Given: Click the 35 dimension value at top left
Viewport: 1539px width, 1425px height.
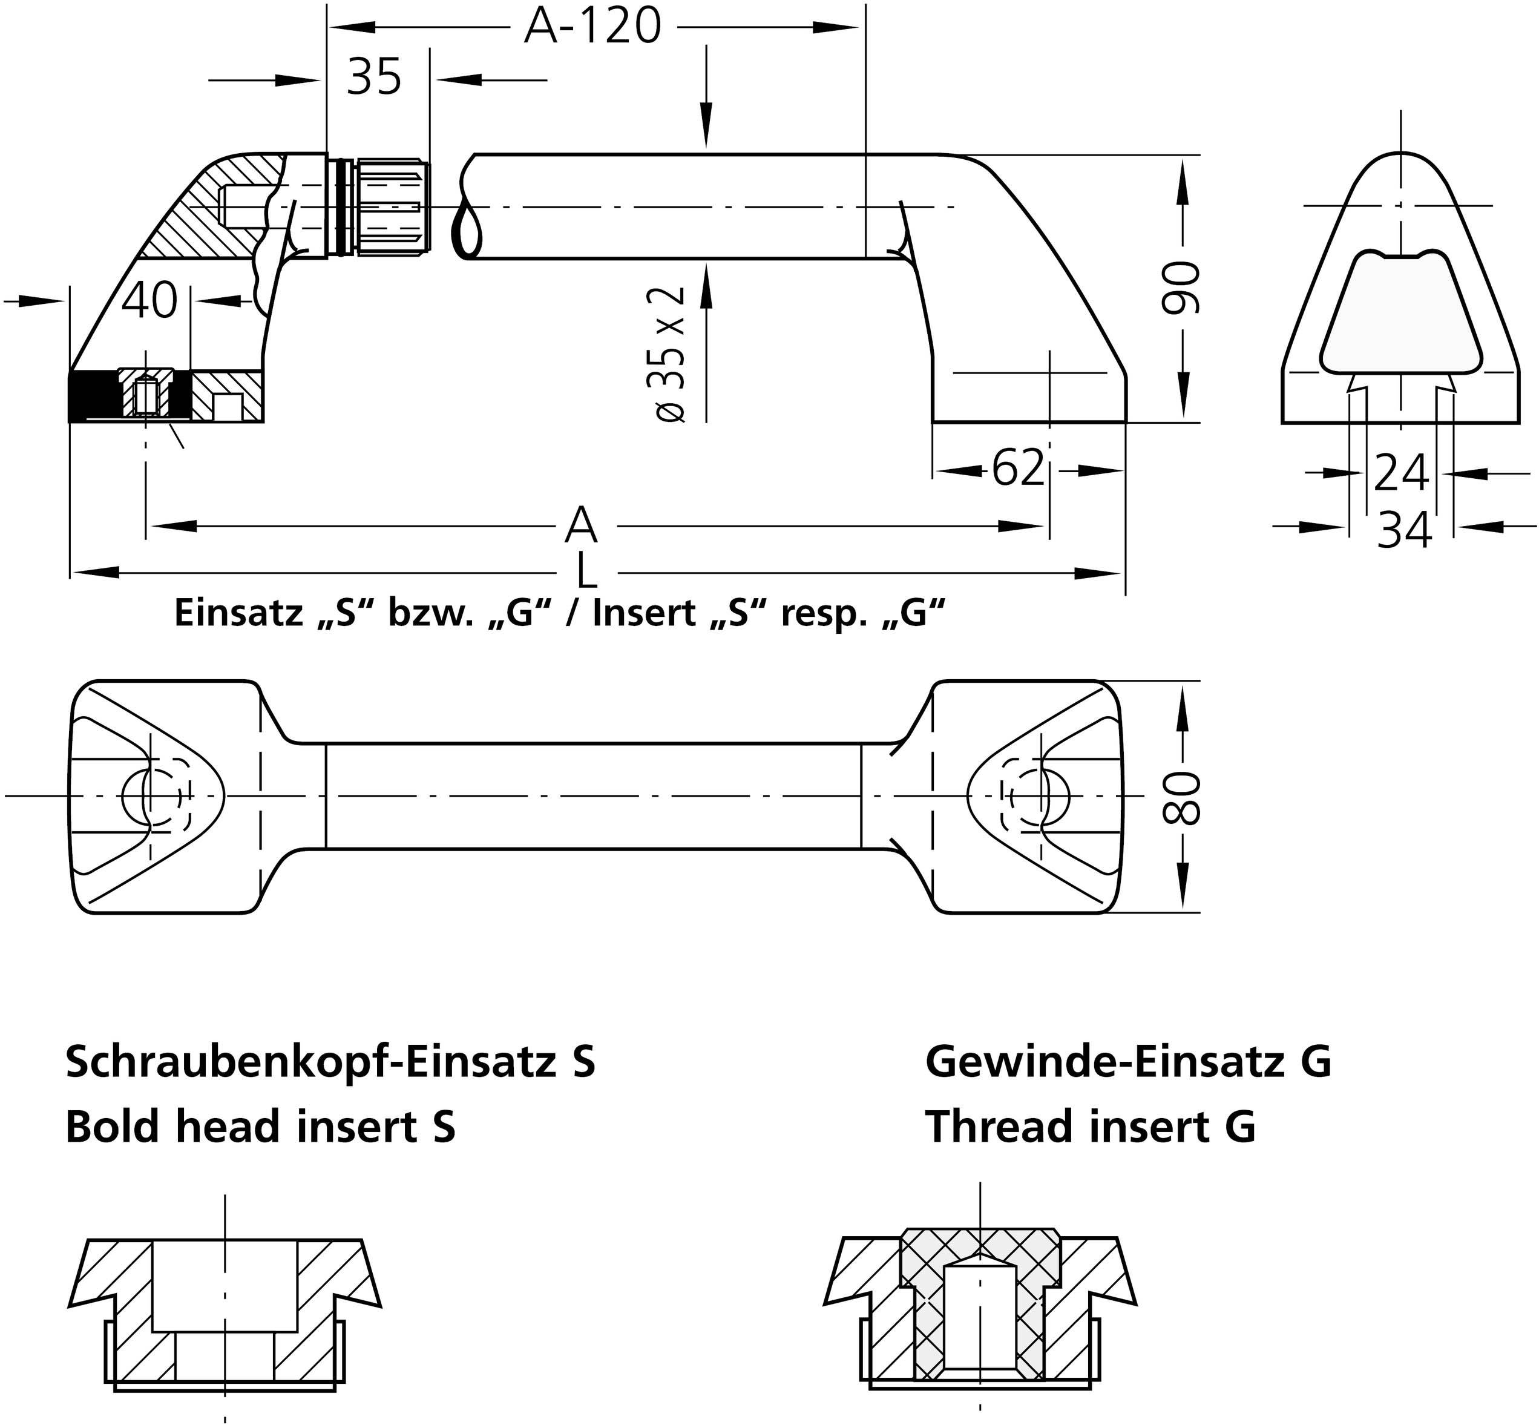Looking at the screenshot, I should [374, 78].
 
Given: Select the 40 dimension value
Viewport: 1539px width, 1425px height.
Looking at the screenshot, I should [149, 301].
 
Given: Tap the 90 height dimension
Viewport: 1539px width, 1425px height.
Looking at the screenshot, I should [1181, 288].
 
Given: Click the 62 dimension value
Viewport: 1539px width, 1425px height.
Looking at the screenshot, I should [1018, 468].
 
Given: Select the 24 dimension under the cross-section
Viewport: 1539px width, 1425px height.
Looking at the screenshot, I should [1401, 473].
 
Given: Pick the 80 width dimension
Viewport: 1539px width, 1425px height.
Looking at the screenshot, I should [1181, 798].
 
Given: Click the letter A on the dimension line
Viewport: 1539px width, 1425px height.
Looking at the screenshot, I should [580, 526].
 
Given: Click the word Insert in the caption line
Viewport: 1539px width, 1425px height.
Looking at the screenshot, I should [644, 613].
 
